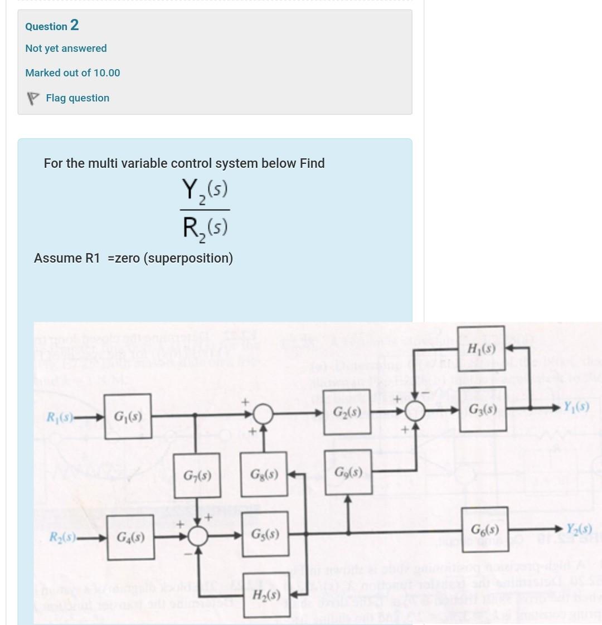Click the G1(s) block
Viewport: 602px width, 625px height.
(127, 416)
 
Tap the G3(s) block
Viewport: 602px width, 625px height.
(483, 411)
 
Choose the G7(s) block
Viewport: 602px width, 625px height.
(197, 476)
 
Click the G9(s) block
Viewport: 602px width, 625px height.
(349, 473)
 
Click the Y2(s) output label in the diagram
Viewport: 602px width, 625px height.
(579, 529)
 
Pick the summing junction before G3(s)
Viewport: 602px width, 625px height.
(415, 411)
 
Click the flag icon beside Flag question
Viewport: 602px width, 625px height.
(33, 98)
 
